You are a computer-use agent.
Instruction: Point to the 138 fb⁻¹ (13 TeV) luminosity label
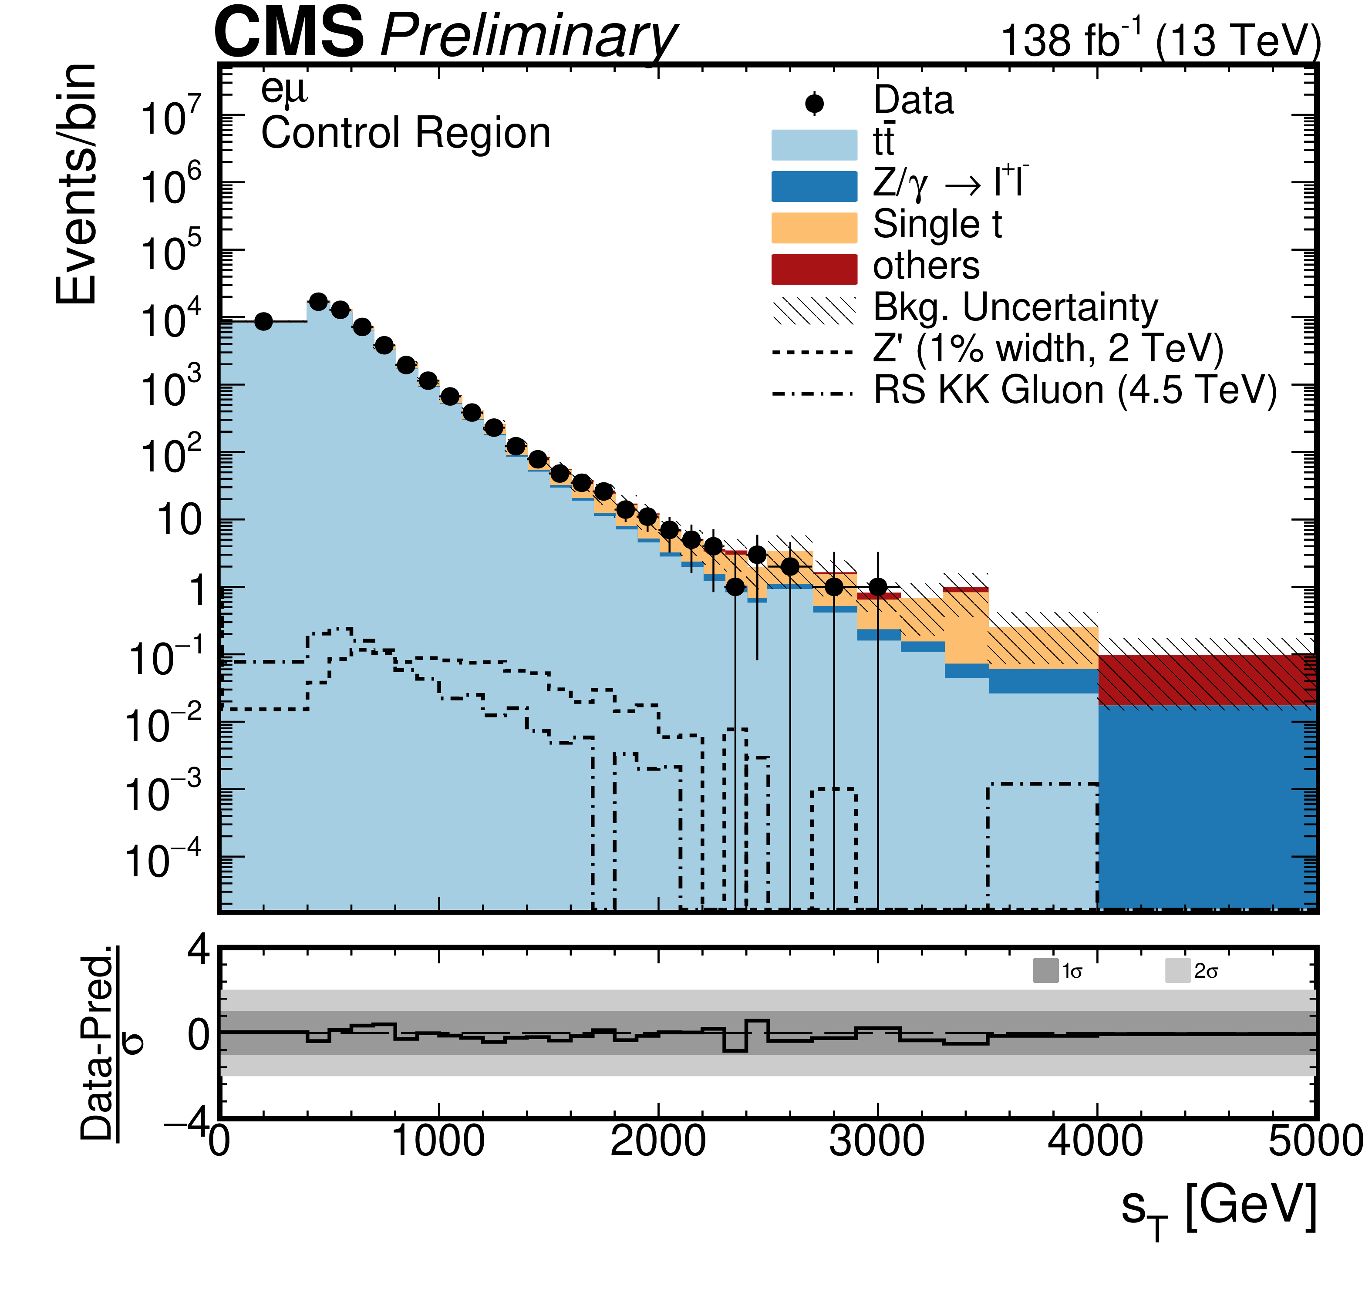pos(1160,40)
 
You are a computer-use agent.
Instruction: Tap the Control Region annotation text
pos(405,133)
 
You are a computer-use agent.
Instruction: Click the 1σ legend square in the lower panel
pos(1045,971)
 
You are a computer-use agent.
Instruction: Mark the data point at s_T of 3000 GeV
pos(878,586)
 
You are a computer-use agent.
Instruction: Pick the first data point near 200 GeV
pos(263,321)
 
